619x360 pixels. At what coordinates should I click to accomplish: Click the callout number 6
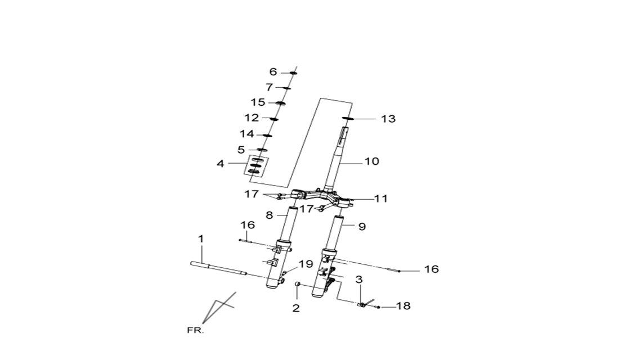click(273, 72)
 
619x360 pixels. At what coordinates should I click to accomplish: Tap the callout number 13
click(388, 119)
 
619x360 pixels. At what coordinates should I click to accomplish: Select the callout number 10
click(371, 161)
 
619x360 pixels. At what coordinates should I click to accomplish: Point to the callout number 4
click(220, 164)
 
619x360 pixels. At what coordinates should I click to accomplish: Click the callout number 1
click(201, 239)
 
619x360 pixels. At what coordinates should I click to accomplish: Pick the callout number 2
click(296, 308)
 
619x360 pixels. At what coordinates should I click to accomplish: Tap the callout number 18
click(403, 306)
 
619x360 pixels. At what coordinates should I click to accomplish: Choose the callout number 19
click(306, 264)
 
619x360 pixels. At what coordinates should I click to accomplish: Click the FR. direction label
click(195, 330)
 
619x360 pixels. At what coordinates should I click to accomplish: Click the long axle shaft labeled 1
click(219, 268)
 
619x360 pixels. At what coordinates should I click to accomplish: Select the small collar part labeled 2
click(298, 285)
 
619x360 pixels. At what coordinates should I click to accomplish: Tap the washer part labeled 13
click(346, 119)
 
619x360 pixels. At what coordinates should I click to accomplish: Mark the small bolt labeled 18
click(379, 307)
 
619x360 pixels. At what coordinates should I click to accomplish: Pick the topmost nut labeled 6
click(293, 73)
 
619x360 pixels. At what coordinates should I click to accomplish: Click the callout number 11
click(380, 198)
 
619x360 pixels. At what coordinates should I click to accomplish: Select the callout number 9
click(362, 227)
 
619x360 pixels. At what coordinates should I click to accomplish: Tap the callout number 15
click(258, 102)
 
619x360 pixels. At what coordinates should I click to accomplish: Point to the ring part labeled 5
click(263, 150)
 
